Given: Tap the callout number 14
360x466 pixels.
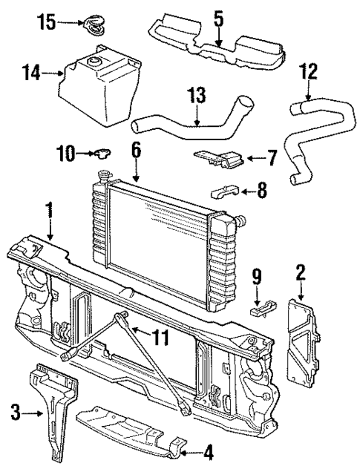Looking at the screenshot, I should [30, 73].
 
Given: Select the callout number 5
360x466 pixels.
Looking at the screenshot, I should [218, 18].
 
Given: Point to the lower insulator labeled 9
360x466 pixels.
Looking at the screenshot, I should [259, 308].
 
